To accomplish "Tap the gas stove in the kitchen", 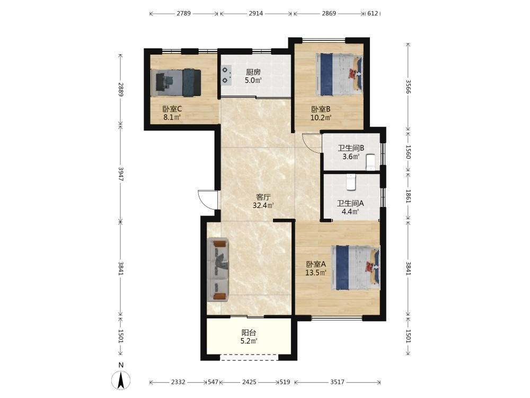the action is [226, 75].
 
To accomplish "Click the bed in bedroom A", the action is [355, 267].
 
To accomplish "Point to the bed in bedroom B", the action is [339, 74].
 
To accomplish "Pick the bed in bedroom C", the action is [176, 83].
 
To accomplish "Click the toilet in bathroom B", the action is [371, 162].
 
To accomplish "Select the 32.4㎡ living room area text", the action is [263, 205].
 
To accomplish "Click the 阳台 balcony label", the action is [249, 333].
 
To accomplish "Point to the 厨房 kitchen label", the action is [253, 72].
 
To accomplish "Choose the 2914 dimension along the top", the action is [255, 14].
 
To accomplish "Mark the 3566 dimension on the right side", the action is [408, 87].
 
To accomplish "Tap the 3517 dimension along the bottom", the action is [337, 382].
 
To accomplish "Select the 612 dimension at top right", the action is [373, 14].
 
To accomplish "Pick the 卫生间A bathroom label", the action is [350, 203].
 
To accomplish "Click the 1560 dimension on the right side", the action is [408, 152].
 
